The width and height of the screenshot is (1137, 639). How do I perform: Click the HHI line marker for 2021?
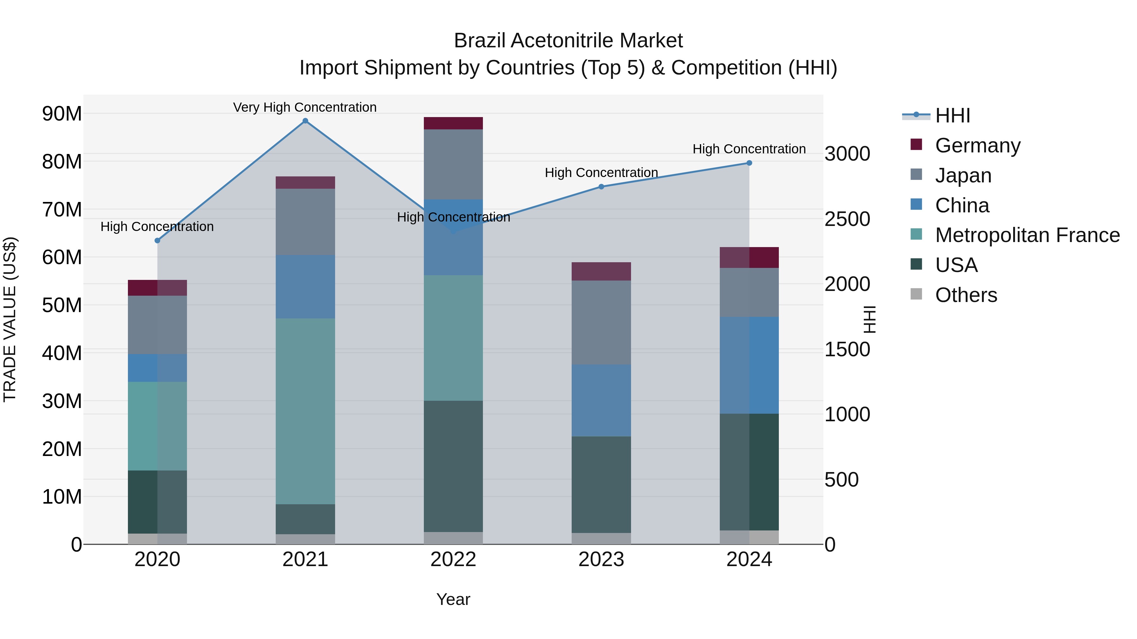tap(305, 121)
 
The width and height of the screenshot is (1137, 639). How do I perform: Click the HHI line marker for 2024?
tap(749, 163)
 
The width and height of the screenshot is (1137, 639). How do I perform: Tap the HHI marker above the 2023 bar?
tap(601, 186)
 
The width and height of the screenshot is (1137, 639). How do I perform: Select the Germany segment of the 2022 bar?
tap(453, 123)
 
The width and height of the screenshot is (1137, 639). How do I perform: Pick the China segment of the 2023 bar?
tap(601, 400)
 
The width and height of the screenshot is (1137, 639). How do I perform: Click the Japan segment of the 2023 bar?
tap(601, 322)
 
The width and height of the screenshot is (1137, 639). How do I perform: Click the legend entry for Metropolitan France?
tap(1027, 235)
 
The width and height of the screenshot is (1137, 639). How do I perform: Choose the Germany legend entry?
tap(978, 145)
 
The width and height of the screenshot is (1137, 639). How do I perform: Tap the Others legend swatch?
tap(916, 294)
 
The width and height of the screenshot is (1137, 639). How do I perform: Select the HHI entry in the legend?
tap(953, 115)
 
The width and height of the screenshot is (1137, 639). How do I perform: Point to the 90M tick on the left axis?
tap(62, 114)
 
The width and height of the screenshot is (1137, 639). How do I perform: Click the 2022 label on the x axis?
tap(453, 559)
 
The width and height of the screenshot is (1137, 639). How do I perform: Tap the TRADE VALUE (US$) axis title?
tap(10, 319)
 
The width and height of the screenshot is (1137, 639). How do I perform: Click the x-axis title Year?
tap(453, 599)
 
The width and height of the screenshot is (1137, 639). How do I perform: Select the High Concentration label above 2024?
tap(749, 149)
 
